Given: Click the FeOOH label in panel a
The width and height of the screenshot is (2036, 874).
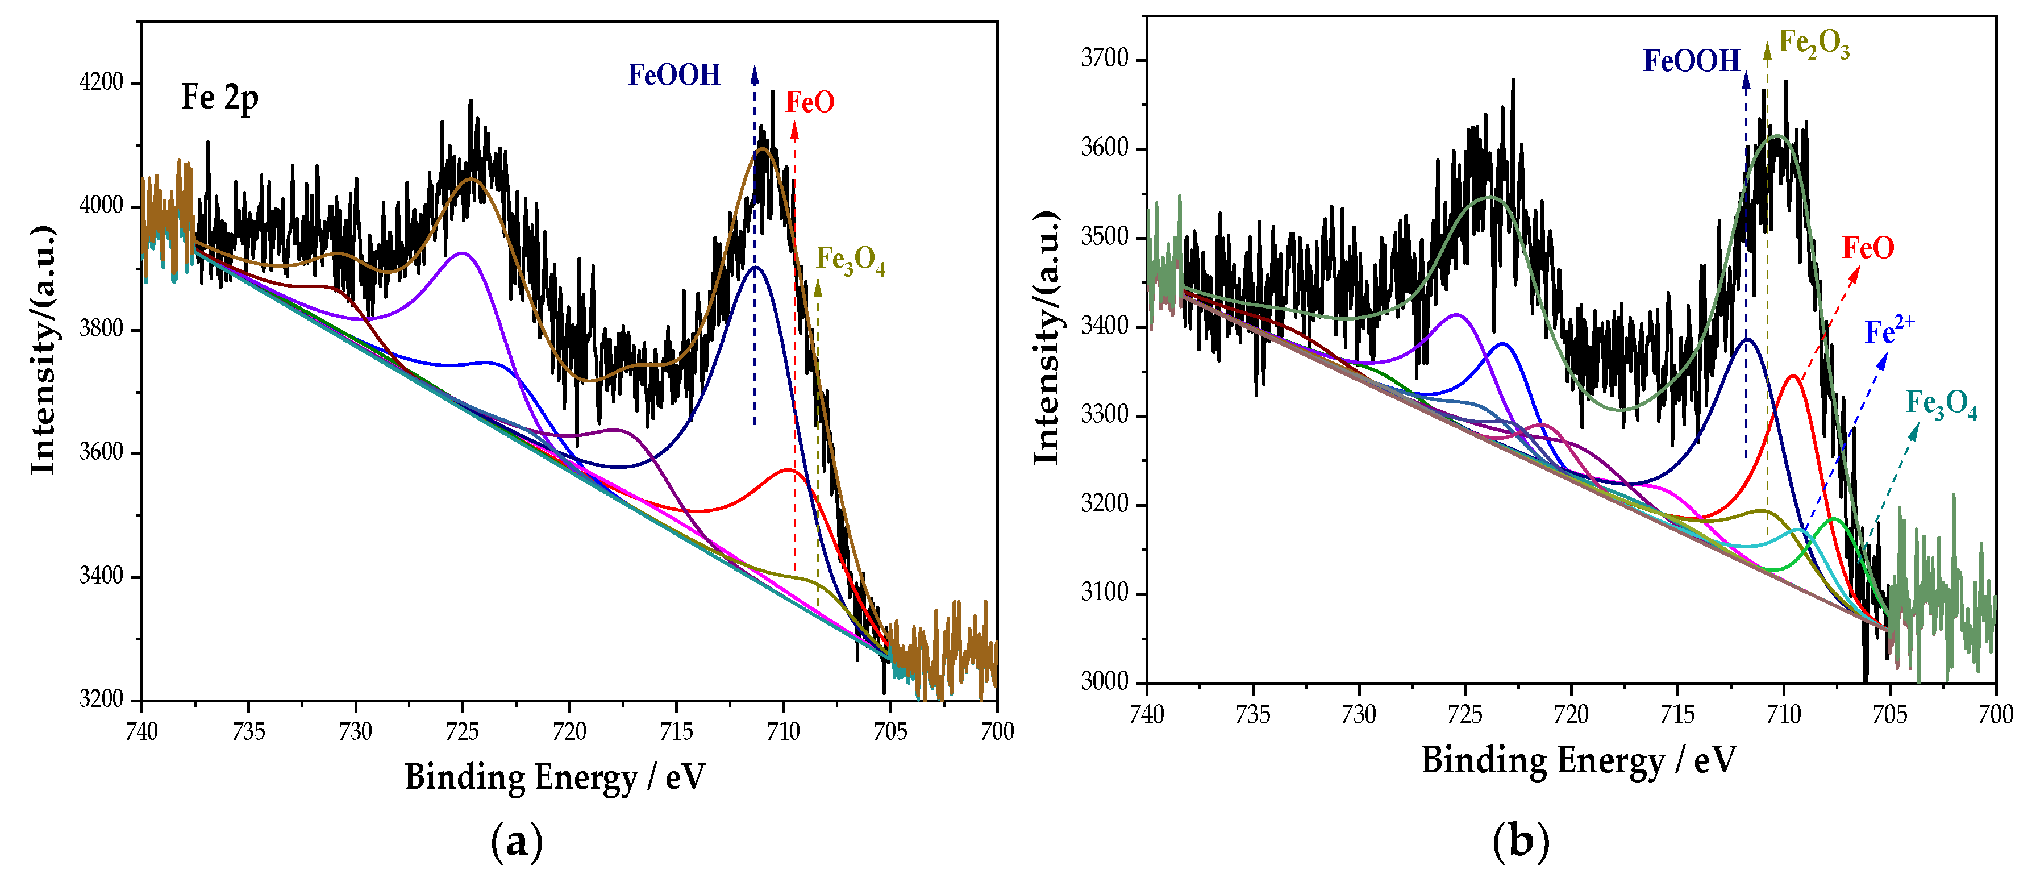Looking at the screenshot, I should pyautogui.click(x=674, y=75).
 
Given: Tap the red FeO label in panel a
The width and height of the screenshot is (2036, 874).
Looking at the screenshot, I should pyautogui.click(x=810, y=103).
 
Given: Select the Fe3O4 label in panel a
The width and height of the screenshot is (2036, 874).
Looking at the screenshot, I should pyautogui.click(x=850, y=260).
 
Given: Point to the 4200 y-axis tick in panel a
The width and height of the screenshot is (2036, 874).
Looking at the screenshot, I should pyautogui.click(x=102, y=82).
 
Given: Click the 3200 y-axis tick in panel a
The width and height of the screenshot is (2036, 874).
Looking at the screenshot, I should pyautogui.click(x=102, y=700).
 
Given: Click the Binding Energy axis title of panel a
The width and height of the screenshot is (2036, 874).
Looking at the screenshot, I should pyautogui.click(x=555, y=777).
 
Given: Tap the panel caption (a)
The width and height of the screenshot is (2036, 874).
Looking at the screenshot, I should pyautogui.click(x=517, y=842).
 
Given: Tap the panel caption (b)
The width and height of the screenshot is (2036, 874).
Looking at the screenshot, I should pyautogui.click(x=1521, y=842).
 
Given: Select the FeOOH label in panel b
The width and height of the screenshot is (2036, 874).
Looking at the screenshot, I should pyautogui.click(x=1692, y=61).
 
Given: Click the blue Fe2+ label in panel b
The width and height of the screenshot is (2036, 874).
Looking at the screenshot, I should pyautogui.click(x=1889, y=330).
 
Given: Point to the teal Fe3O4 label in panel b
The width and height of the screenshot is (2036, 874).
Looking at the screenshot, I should pyautogui.click(x=1941, y=405).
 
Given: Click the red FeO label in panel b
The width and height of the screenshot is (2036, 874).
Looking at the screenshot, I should pyautogui.click(x=1868, y=248).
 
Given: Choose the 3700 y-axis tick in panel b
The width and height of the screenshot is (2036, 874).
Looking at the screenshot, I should pyautogui.click(x=1105, y=59).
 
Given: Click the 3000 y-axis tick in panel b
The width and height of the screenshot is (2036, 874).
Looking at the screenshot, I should pyautogui.click(x=1105, y=681).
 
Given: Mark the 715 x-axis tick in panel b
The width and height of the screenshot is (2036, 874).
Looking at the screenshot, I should pyautogui.click(x=1678, y=714).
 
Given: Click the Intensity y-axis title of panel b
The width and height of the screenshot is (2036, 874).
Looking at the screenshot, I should pyautogui.click(x=1047, y=338).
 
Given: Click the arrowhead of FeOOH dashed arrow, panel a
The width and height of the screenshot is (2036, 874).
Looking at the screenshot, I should pyautogui.click(x=754, y=73).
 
